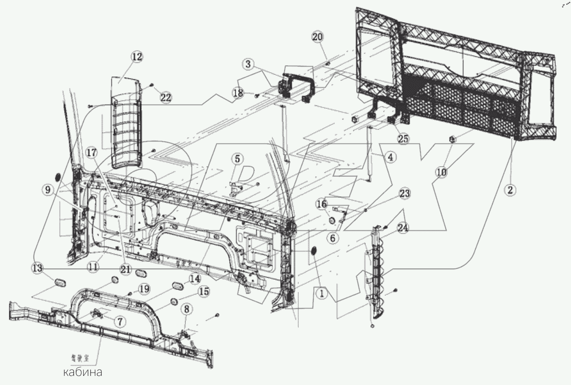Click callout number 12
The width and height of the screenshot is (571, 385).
137,57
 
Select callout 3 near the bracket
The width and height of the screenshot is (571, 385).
248,64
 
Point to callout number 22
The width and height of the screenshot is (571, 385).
166,98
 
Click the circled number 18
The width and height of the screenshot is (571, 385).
238,93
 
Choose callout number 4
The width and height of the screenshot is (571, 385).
391,157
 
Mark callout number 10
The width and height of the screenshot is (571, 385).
441,172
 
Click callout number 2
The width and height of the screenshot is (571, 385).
510,190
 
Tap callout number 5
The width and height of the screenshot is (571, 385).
237,158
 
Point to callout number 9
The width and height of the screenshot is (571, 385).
47,190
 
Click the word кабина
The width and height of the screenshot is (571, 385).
82,372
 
